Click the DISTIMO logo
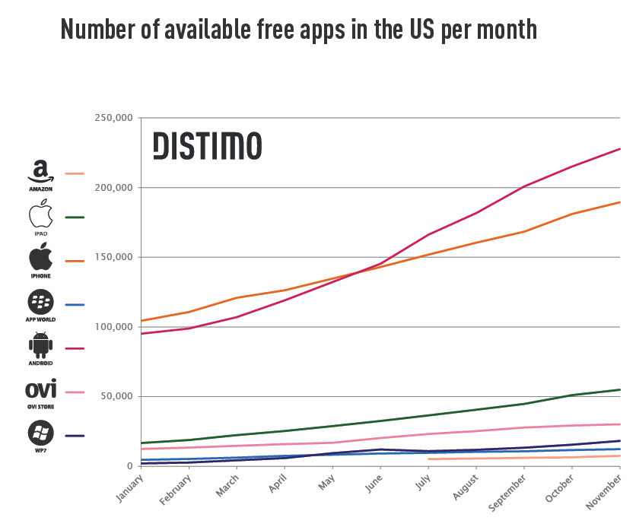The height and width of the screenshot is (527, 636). (207, 145)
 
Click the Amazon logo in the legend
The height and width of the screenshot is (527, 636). (40, 173)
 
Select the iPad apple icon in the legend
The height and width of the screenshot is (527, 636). (40, 215)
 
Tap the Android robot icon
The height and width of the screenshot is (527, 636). (40, 346)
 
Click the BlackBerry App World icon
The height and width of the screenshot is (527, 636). (40, 303)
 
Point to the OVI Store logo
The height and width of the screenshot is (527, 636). (40, 389)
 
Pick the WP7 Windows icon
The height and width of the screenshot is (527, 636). (40, 433)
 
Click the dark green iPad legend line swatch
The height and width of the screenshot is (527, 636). (75, 217)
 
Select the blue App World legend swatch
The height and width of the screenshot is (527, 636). (75, 305)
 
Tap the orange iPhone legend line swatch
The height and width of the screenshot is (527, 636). (75, 261)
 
